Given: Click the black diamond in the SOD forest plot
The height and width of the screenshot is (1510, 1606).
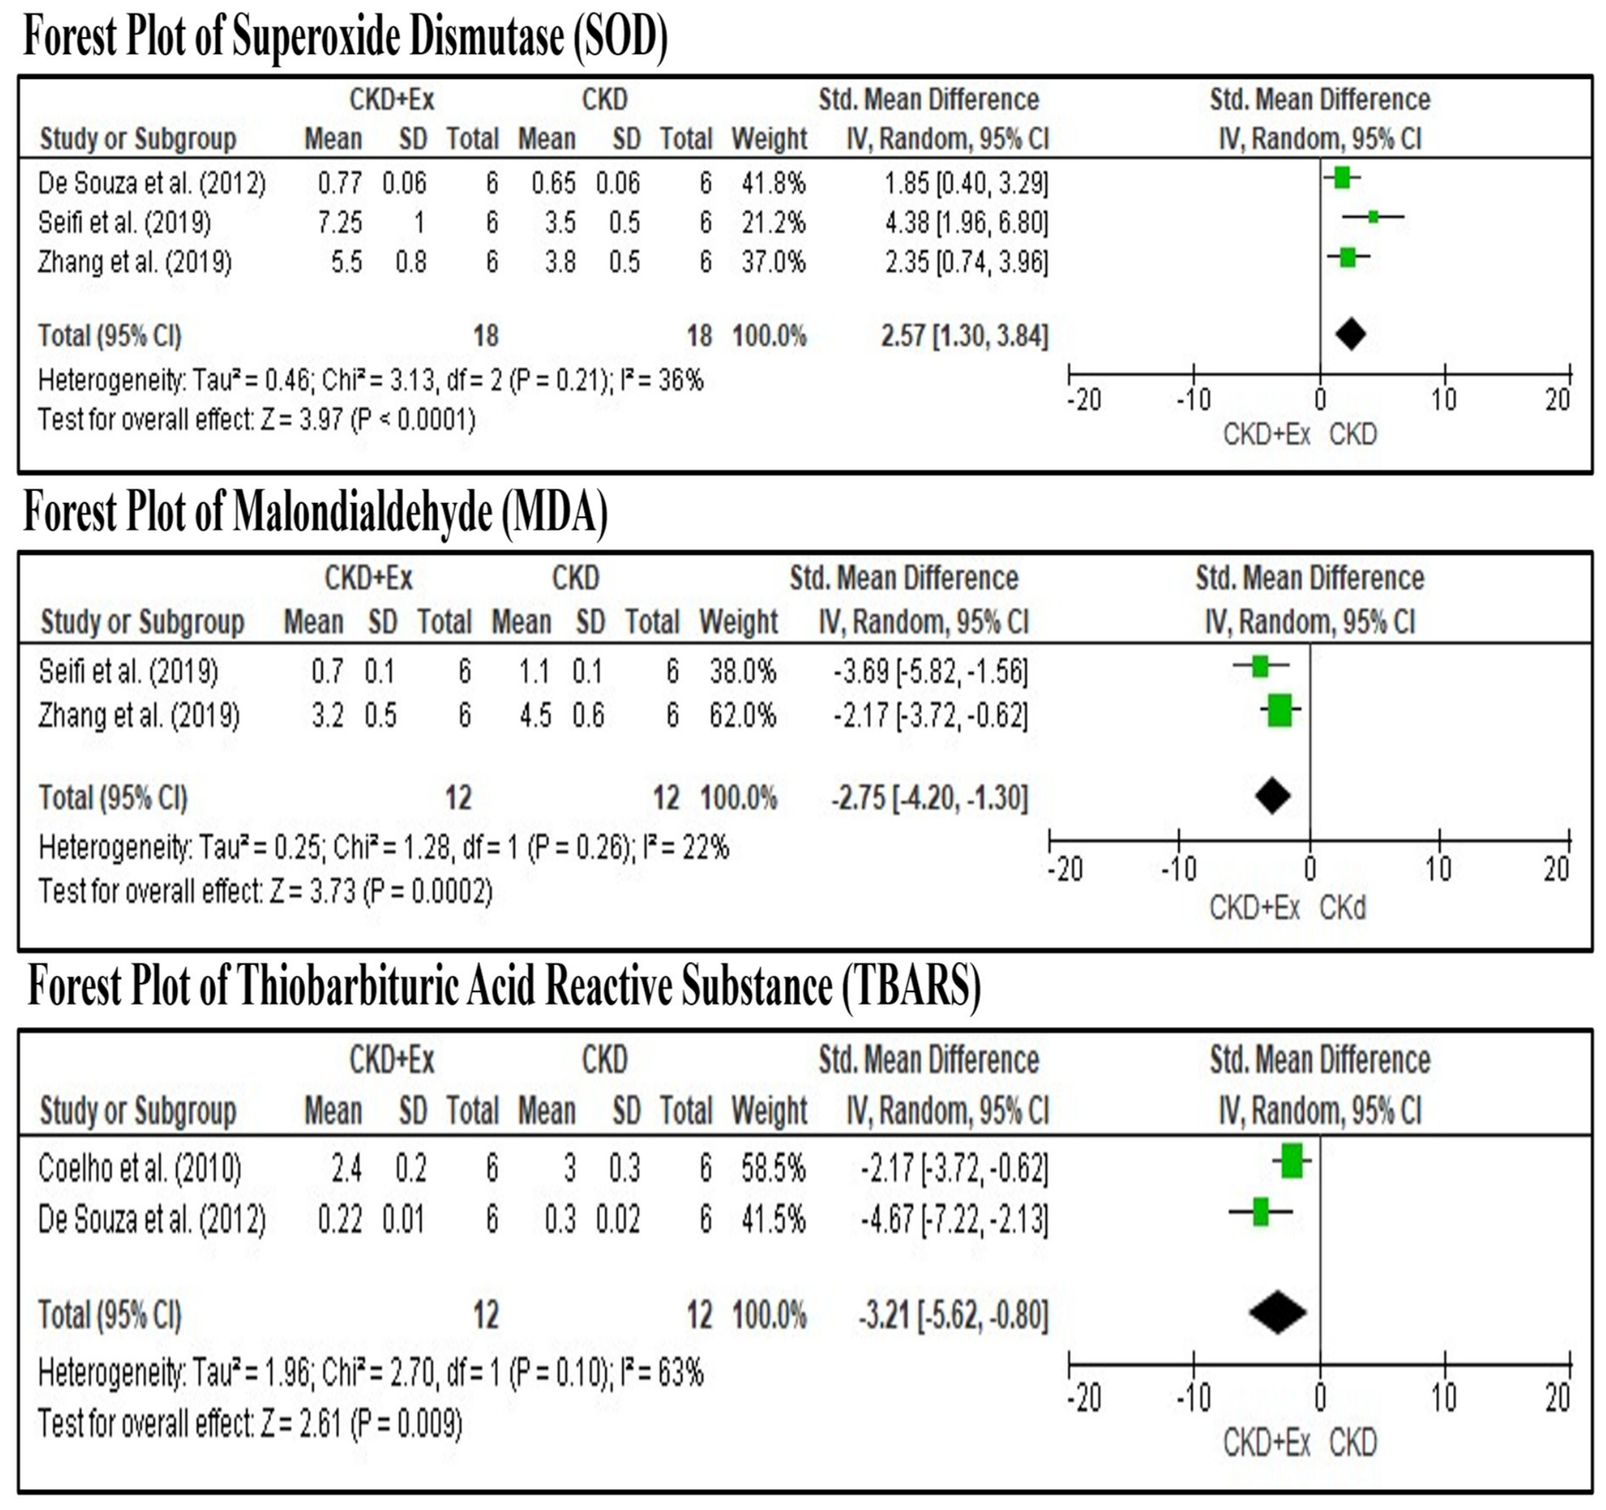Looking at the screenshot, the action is pos(1351,335).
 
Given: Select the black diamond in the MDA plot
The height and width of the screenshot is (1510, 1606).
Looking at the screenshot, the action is pos(1272,795).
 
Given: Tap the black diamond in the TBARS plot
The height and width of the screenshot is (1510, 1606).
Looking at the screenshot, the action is pos(1278,1312).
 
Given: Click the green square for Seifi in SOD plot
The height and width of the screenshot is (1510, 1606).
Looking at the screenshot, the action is pos(1373,216).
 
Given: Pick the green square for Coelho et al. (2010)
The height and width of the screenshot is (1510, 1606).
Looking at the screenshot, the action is pos(1292,1161).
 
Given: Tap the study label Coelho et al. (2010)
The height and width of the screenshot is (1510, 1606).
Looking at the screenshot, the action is pos(139,1168).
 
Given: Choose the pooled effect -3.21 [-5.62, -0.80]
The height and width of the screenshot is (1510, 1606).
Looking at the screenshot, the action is pos(953,1316).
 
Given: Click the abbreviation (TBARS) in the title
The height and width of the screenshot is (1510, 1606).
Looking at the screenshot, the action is pos(911,987).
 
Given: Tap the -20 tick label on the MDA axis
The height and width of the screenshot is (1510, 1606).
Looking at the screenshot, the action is pos(1066,869).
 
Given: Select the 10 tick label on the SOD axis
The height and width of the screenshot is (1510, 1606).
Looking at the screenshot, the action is pos(1444,398).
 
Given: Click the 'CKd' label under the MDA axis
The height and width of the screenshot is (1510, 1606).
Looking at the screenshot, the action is pos(1343,908).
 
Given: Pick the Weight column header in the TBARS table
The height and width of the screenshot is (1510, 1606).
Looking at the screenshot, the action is pos(769,1112).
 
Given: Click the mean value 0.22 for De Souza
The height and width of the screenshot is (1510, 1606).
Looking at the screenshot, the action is pos(340,1220).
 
